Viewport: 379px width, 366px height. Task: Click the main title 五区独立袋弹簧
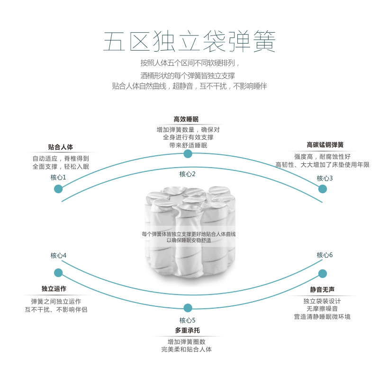(x=189, y=41)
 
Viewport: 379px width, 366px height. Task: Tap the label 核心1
(x=58, y=178)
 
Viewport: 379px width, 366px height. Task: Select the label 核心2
(x=187, y=174)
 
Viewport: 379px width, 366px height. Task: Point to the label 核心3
(x=325, y=179)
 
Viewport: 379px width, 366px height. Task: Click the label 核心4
(x=58, y=255)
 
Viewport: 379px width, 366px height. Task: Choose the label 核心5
(x=187, y=321)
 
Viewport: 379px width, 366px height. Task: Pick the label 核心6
(x=325, y=255)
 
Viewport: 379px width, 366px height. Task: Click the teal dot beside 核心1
(x=58, y=188)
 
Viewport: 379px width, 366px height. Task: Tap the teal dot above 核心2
(x=188, y=154)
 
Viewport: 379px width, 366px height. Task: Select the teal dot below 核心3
(x=323, y=188)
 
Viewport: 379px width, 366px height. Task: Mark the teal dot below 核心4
(x=58, y=273)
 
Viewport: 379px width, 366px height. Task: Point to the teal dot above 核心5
(x=188, y=308)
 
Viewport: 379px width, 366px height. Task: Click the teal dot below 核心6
(x=323, y=274)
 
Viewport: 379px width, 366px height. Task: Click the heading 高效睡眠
(x=186, y=119)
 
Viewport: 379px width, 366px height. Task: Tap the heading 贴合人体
(x=61, y=147)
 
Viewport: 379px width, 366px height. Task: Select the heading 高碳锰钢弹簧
(x=325, y=145)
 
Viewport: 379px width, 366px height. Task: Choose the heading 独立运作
(x=54, y=289)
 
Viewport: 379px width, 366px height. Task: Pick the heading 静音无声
(x=322, y=289)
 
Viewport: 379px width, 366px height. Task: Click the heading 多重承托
(x=188, y=330)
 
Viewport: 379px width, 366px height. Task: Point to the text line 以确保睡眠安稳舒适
(x=189, y=240)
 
